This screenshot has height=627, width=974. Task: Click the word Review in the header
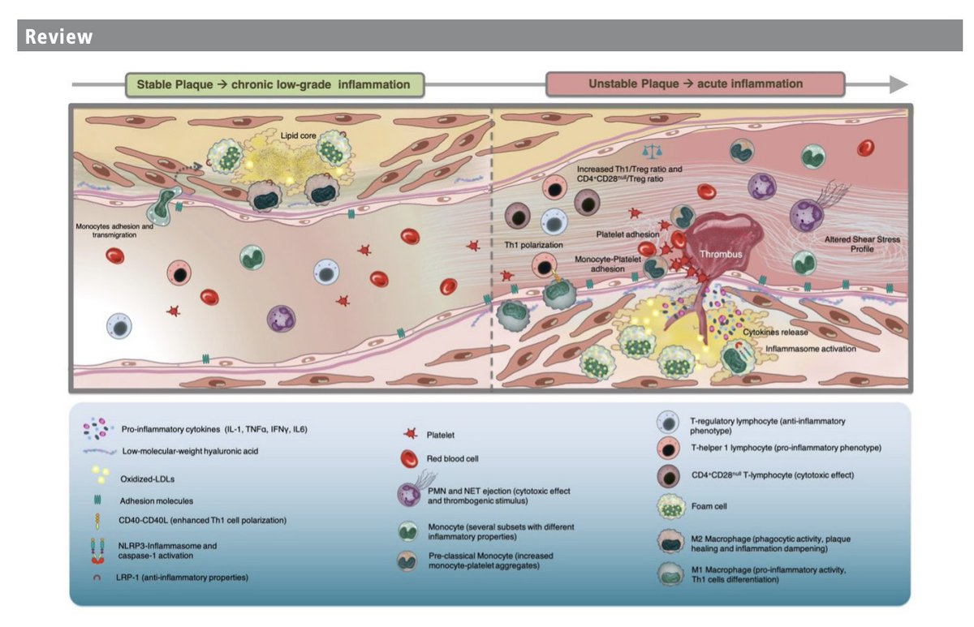coord(59,37)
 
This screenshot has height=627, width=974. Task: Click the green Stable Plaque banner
coord(274,84)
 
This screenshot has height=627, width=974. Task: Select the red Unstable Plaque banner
coord(695,84)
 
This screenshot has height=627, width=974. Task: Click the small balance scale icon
coord(649,152)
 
